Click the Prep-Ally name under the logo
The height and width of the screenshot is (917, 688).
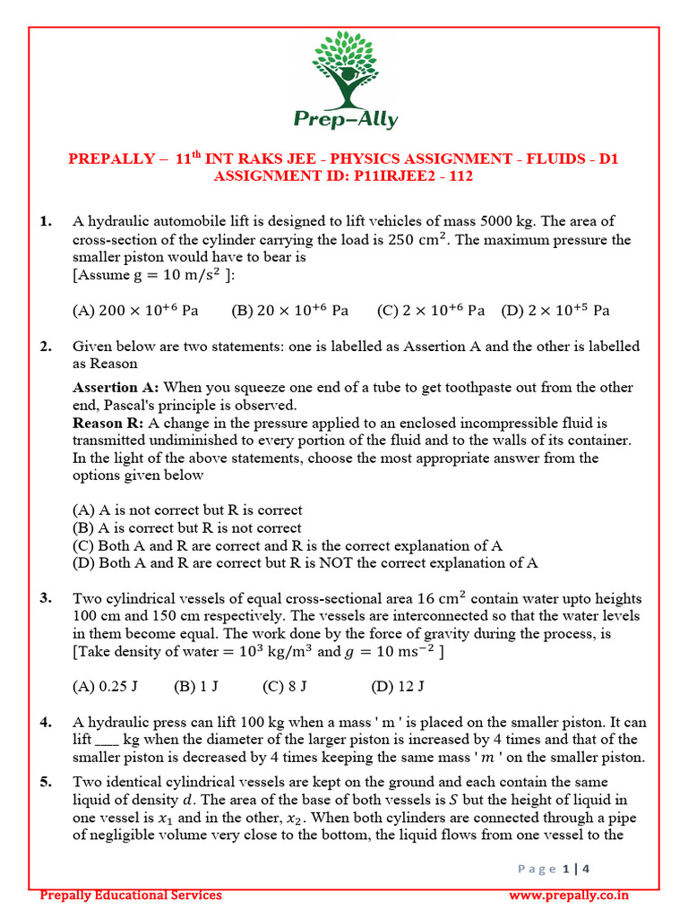point(345,119)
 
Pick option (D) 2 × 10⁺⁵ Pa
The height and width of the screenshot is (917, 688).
point(555,311)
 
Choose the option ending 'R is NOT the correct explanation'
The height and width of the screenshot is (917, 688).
point(305,563)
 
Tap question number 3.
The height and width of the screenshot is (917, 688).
point(47,598)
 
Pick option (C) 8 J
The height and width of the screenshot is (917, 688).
point(285,687)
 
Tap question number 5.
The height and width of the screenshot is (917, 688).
point(47,782)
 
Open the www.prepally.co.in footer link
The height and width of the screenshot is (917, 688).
point(568,895)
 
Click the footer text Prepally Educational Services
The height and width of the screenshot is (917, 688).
point(131,895)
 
